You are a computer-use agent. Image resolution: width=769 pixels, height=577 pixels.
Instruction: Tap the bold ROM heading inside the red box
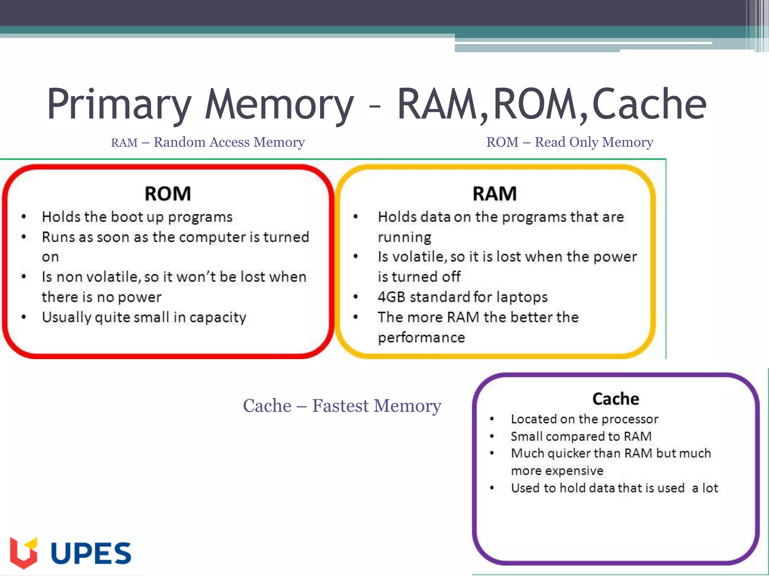(x=168, y=194)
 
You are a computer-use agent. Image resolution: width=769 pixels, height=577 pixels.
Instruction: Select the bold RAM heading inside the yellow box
(x=495, y=194)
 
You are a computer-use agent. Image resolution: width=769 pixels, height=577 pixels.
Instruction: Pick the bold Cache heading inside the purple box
(x=616, y=399)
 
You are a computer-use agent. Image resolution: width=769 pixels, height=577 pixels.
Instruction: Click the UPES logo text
(x=91, y=553)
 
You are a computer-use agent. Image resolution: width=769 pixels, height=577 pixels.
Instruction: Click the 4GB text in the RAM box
(x=391, y=297)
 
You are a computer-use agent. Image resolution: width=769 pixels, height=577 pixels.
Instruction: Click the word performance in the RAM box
(x=421, y=337)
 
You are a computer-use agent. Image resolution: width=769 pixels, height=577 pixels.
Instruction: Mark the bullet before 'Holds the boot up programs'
(x=24, y=217)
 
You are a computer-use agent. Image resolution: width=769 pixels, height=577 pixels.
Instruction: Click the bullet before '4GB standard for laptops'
(x=356, y=297)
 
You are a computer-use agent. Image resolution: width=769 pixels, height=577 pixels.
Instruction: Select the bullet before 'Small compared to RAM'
(x=492, y=436)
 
